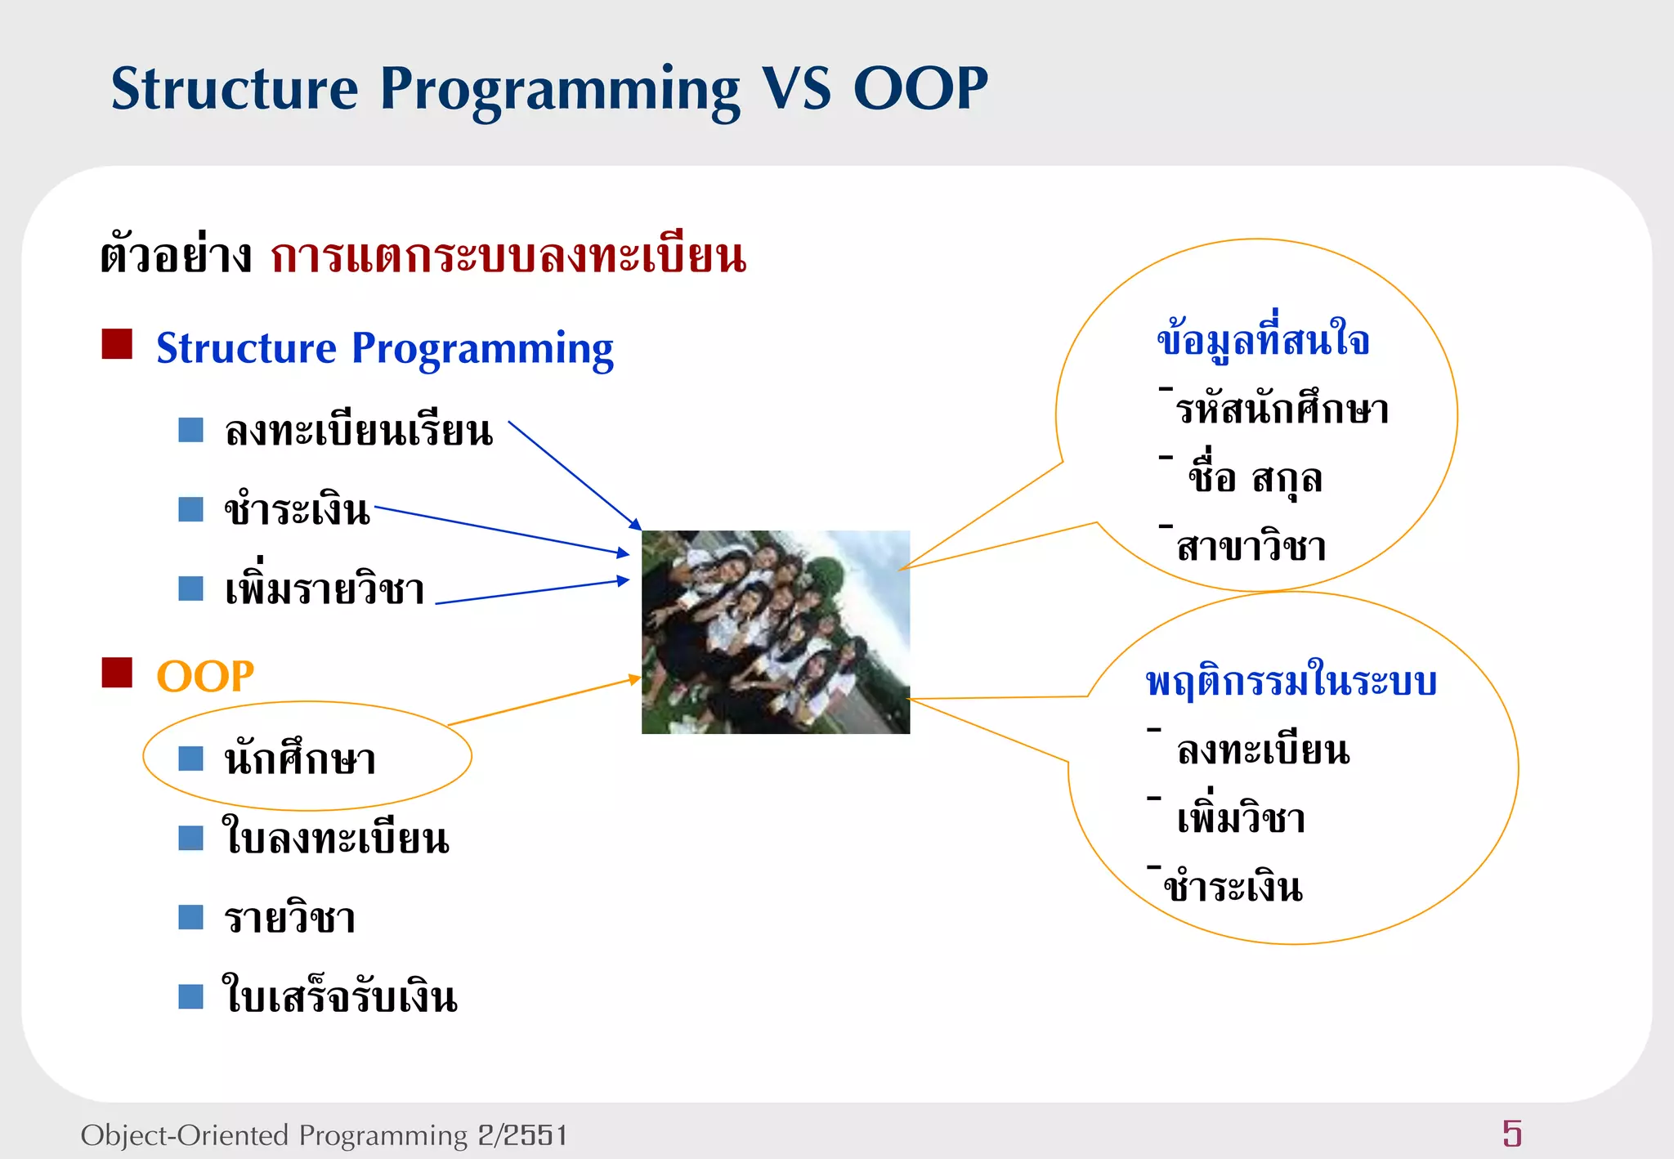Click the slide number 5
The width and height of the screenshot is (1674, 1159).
tap(1511, 1134)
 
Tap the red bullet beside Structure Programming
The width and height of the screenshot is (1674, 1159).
tap(117, 344)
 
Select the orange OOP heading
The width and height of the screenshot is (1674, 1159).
tap(205, 677)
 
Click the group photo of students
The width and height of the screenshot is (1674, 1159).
tap(775, 632)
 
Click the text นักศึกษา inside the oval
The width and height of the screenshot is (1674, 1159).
tap(300, 758)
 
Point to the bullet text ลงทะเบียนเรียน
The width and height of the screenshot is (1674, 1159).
tap(359, 431)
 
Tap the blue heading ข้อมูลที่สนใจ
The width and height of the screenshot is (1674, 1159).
tap(1263, 338)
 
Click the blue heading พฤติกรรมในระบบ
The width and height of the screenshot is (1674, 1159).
tap(1291, 681)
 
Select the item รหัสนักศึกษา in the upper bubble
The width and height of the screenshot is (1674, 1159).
tap(1282, 409)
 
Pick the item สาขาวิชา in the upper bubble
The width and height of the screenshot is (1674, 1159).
tap(1251, 546)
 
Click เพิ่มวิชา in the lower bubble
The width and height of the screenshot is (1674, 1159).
tap(1240, 817)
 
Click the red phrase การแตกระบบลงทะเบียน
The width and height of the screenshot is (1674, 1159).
tap(508, 256)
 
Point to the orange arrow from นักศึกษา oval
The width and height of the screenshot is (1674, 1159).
tap(544, 701)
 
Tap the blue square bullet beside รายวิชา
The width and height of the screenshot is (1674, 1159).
tap(190, 917)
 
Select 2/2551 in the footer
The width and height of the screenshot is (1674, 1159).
tap(522, 1135)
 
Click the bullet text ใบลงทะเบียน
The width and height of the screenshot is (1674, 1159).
tap(336, 838)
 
